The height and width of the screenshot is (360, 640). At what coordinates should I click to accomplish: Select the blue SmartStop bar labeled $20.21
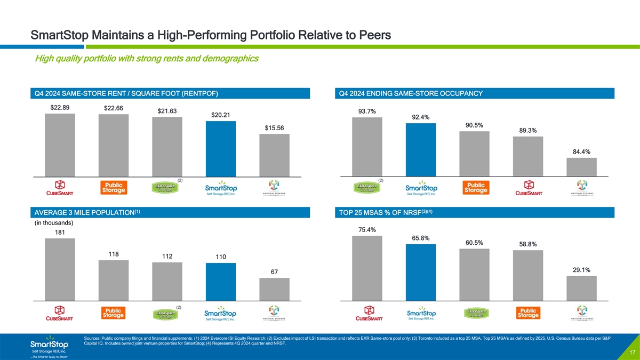tap(220, 149)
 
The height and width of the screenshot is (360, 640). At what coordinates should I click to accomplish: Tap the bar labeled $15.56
tap(274, 155)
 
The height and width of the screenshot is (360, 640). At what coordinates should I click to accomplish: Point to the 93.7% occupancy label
tap(367, 111)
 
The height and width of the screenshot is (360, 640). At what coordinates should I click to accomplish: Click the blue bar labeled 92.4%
tap(421, 149)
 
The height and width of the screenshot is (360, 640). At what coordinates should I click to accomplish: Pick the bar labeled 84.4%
tap(581, 167)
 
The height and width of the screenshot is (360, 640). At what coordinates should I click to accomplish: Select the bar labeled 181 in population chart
tap(60, 269)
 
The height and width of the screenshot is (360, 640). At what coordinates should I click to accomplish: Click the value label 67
tap(274, 273)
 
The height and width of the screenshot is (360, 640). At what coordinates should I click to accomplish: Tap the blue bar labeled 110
tap(220, 282)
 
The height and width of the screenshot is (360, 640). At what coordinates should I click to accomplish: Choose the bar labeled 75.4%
tap(367, 268)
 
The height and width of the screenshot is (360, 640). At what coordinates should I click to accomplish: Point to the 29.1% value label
tap(581, 270)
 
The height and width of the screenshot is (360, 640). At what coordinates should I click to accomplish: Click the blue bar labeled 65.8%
tap(421, 272)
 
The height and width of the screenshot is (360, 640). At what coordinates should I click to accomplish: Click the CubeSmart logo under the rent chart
tap(60, 188)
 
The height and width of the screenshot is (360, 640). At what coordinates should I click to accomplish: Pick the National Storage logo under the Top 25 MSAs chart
tap(581, 314)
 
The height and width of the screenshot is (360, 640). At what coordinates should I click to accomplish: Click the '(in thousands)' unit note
tap(53, 222)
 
